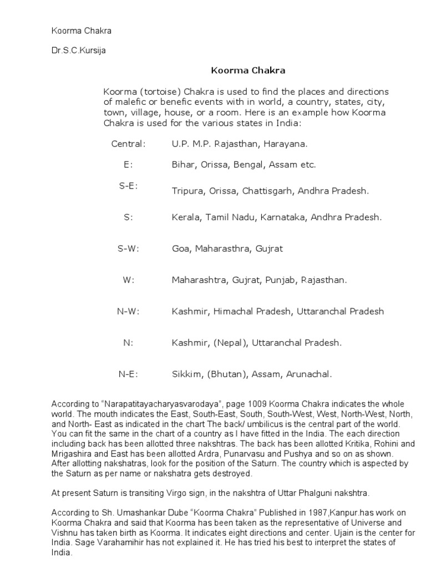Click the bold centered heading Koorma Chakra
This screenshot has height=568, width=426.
point(247,70)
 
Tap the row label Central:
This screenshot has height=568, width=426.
point(128,144)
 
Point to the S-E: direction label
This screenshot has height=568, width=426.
point(128,186)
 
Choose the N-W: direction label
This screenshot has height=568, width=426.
point(128,312)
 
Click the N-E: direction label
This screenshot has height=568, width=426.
point(128,374)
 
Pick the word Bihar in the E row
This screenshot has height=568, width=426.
point(182,165)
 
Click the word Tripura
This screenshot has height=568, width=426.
point(187,191)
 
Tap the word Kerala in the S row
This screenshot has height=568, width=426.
point(185,217)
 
